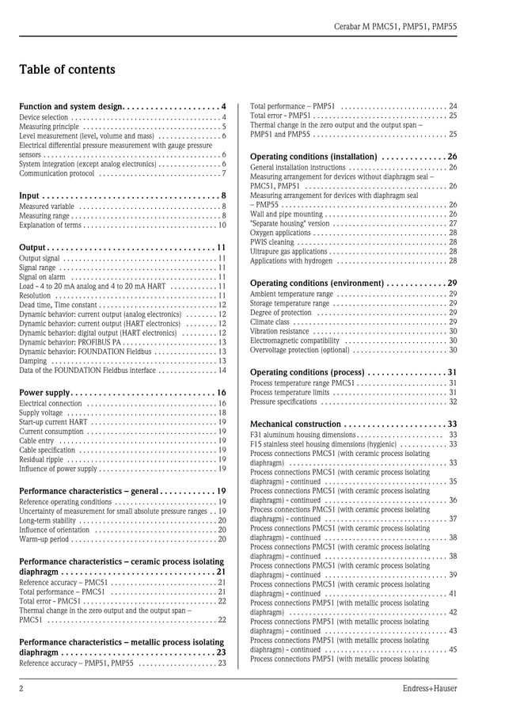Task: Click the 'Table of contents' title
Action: point(67,70)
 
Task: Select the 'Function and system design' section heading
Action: point(70,106)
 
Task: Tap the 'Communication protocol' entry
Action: point(56,173)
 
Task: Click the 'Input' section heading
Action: point(29,196)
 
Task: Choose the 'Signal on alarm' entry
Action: point(42,277)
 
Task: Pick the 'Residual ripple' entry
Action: point(40,459)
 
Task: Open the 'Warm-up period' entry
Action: point(44,539)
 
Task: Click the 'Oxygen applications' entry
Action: point(280,233)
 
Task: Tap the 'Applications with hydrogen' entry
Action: point(291,261)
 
